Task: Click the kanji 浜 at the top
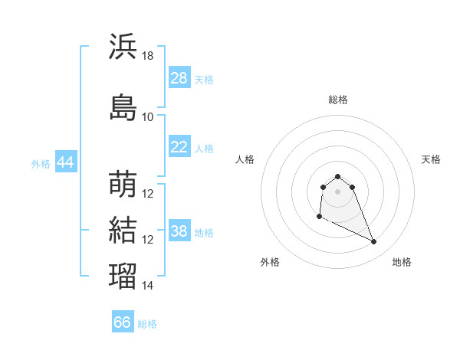click(123, 46)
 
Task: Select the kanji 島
click(123, 107)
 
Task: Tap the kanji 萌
click(123, 184)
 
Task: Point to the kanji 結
click(123, 230)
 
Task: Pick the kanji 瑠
click(123, 276)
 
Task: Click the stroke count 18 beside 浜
click(147, 56)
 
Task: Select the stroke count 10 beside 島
click(147, 117)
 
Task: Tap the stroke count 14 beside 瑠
click(147, 286)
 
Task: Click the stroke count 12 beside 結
click(147, 240)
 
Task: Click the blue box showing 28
click(179, 77)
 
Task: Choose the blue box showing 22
click(179, 146)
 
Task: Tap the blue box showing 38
click(179, 230)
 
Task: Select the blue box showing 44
click(66, 162)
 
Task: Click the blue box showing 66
click(123, 321)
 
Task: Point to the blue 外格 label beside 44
click(41, 164)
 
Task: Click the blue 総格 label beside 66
click(147, 324)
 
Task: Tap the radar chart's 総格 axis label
click(338, 100)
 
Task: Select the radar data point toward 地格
click(373, 241)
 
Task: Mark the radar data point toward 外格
click(320, 217)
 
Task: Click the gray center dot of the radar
click(337, 191)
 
